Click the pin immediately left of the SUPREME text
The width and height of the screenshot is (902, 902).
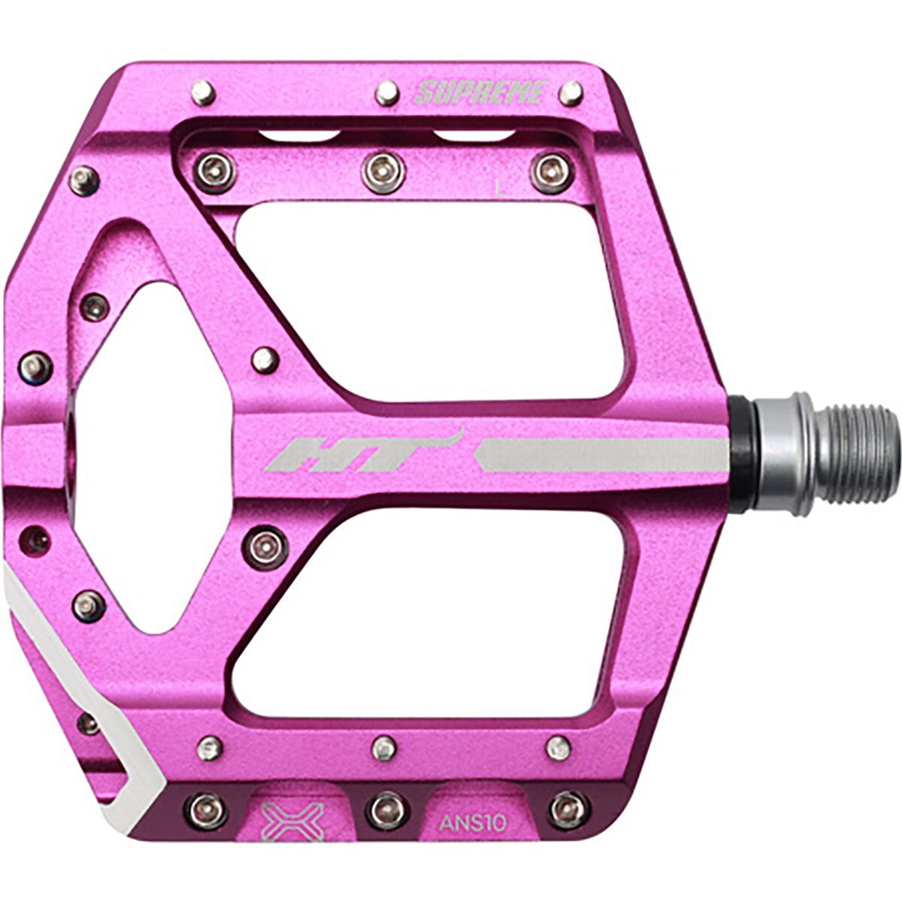tap(387, 92)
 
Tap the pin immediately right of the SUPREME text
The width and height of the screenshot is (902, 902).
tap(571, 93)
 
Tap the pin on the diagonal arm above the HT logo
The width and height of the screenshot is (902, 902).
tap(265, 359)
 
